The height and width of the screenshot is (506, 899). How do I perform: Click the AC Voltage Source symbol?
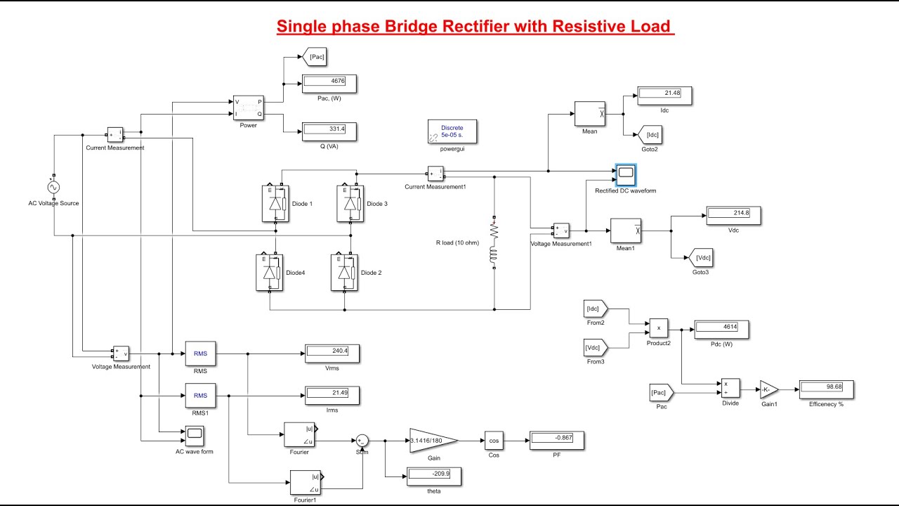click(x=53, y=188)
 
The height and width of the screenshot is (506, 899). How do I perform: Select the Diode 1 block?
click(x=275, y=203)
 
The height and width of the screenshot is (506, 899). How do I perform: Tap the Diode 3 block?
click(x=350, y=203)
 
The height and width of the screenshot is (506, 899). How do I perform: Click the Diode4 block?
click(x=269, y=272)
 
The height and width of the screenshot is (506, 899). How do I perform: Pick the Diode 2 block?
click(x=345, y=272)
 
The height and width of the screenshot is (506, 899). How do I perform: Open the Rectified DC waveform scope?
click(x=625, y=174)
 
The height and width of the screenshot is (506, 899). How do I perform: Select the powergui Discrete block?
click(x=452, y=131)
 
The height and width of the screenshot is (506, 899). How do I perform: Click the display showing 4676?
click(x=329, y=82)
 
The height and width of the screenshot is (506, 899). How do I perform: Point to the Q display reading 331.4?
click(x=329, y=131)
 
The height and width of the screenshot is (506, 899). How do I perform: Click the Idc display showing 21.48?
click(x=664, y=95)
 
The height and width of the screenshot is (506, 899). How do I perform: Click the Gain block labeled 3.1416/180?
click(x=433, y=441)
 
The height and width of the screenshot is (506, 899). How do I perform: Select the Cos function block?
click(x=494, y=441)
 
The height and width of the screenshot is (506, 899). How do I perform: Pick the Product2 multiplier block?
click(x=658, y=328)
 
